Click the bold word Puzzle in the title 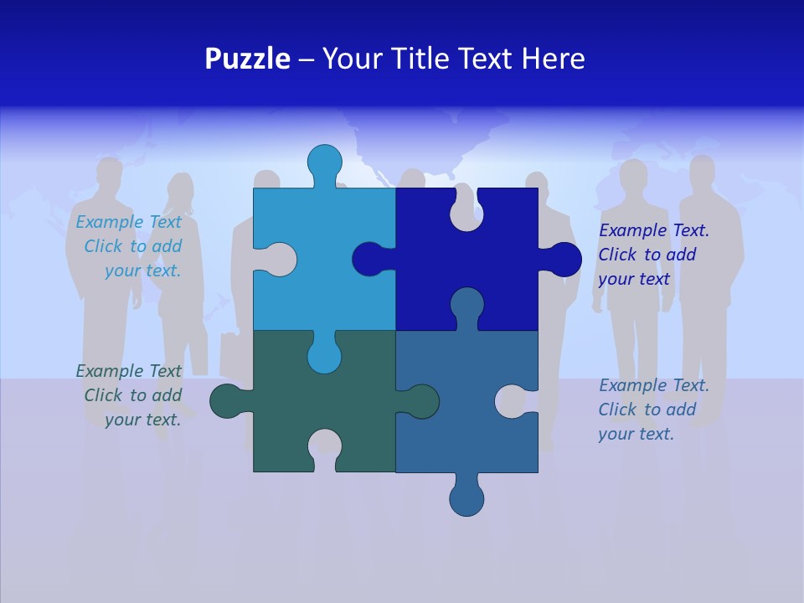tap(247, 59)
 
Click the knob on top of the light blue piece tap(324, 162)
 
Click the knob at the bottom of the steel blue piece tap(466, 497)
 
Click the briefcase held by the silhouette tap(229, 353)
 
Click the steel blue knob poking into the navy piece tap(466, 303)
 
